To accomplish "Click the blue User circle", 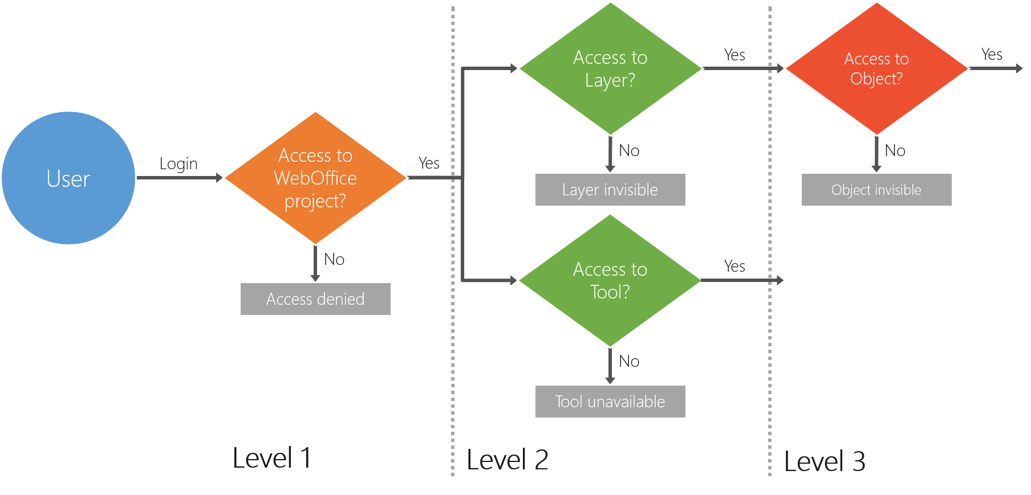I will pos(68,178).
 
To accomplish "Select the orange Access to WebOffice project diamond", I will pos(315,178).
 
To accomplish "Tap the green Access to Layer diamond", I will pos(610,68).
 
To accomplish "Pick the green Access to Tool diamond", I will pos(610,280).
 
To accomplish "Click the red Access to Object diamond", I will pos(876,68).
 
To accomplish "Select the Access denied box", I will pos(315,299).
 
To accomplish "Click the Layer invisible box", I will pos(610,190).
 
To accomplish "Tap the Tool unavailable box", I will pos(610,402).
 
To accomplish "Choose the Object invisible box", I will pos(876,190).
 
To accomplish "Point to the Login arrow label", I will pos(178,164).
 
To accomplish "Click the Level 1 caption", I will pos(272,458).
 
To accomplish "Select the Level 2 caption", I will pos(507,460).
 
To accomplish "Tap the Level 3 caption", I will pos(825,461).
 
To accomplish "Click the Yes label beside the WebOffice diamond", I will pos(429,163).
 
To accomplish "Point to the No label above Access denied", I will pos(334,260).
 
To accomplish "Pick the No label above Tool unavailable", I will pos(629,362).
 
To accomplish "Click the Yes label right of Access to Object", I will pos(992,55).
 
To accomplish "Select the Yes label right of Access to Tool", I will pos(734,267).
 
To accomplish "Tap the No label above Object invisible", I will pos(895,151).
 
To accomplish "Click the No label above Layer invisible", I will pos(629,151).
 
